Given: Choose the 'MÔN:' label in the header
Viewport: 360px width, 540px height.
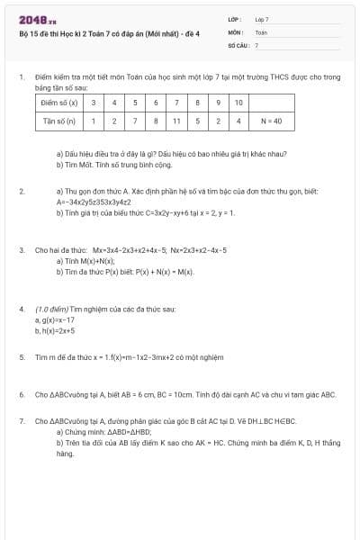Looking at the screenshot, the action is point(235,31).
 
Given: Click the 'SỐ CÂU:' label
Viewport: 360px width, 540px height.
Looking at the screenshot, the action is point(238,44).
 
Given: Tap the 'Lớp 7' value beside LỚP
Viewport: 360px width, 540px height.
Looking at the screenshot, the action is point(262,19).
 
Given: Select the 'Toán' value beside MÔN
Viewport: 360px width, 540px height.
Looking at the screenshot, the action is point(261,31).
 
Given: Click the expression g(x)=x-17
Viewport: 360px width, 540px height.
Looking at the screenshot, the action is point(56,319).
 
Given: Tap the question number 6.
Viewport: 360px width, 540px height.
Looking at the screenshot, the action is point(21,394).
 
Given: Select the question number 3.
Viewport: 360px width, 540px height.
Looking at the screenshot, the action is point(21,249).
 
